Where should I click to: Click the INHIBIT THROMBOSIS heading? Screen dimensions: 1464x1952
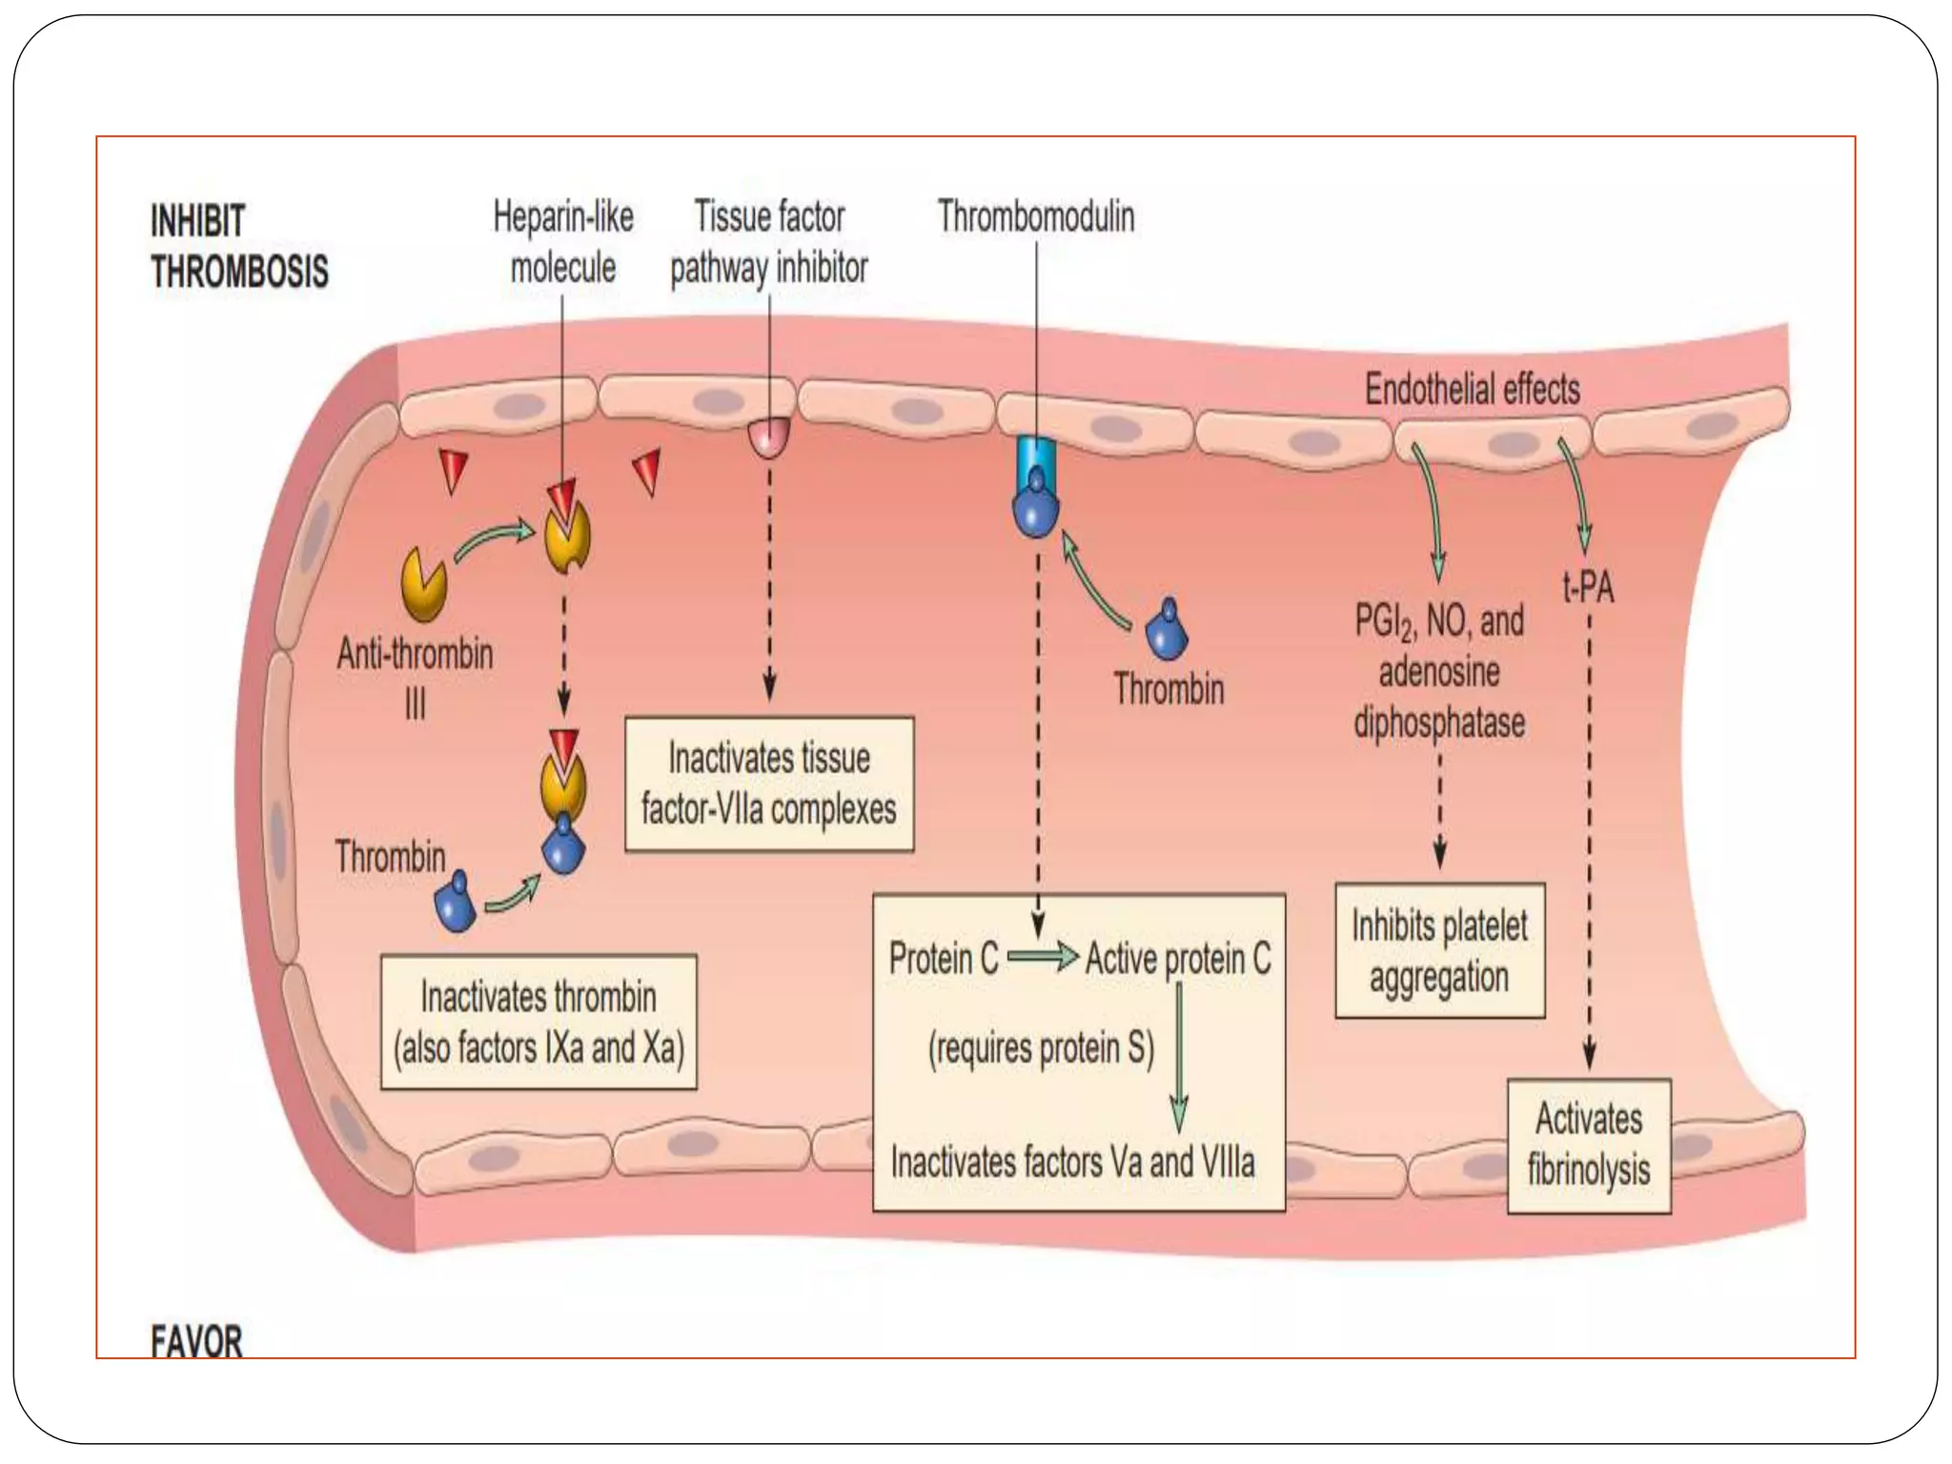coord(238,246)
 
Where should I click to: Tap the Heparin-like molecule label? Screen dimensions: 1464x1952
coord(562,242)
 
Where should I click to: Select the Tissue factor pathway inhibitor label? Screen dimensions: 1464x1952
coord(768,242)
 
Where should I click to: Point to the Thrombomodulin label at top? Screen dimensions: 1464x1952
coord(1036,216)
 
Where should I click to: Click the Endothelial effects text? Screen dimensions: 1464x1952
coord(1472,389)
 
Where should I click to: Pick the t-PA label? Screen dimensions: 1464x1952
coord(1588,587)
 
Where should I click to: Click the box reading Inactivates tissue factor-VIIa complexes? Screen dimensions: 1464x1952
coord(768,783)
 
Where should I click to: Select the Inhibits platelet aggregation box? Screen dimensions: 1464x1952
coord(1439,951)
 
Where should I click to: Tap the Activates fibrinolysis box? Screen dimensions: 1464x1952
coord(1589,1145)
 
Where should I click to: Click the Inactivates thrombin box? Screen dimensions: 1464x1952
coord(539,1022)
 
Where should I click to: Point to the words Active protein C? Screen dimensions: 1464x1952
coord(1178,959)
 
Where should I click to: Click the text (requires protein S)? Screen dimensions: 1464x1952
coord(1041,1048)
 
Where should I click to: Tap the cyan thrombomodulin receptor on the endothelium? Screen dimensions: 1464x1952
coord(1035,453)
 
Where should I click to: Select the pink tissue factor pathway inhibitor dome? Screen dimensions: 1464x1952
coord(769,437)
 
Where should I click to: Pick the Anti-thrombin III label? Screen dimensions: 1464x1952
coord(416,678)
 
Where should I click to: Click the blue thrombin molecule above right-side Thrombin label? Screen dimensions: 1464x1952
coord(1166,630)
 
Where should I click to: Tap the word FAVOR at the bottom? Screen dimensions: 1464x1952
coord(196,1341)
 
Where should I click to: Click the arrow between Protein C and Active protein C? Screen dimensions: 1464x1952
coord(1042,956)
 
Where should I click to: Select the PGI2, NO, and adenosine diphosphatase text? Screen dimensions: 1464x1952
coord(1439,672)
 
